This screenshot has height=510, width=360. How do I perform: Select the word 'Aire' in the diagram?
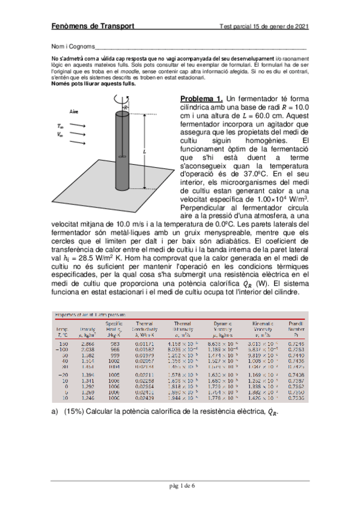[x=75, y=112]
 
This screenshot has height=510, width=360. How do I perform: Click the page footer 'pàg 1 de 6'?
[x=180, y=486]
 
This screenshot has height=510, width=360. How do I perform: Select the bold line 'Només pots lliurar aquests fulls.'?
[x=93, y=84]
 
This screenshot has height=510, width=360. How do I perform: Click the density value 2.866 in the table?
[x=88, y=343]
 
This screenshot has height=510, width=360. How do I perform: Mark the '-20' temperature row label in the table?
[x=63, y=373]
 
